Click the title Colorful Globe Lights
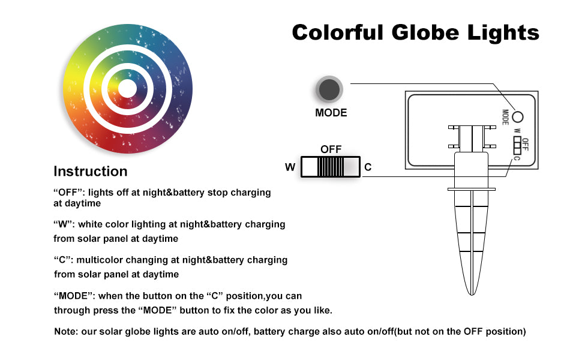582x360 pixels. tap(415, 32)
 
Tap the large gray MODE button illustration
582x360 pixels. tap(329, 89)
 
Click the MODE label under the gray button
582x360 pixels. tap(331, 113)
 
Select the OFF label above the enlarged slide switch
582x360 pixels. tap(331, 149)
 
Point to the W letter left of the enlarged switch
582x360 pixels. tap(290, 167)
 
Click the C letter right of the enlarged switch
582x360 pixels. tap(368, 167)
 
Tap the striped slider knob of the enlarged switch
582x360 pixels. tap(331, 167)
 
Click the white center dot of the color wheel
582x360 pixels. tap(127, 89)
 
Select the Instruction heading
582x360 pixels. tap(91, 171)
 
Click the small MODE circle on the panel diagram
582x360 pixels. tap(517, 117)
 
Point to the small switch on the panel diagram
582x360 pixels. tap(517, 145)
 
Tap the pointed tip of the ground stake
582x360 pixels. tap(472, 295)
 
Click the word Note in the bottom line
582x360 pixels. tap(65, 331)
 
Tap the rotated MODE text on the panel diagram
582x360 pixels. tap(505, 117)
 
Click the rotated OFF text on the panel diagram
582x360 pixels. tap(525, 144)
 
